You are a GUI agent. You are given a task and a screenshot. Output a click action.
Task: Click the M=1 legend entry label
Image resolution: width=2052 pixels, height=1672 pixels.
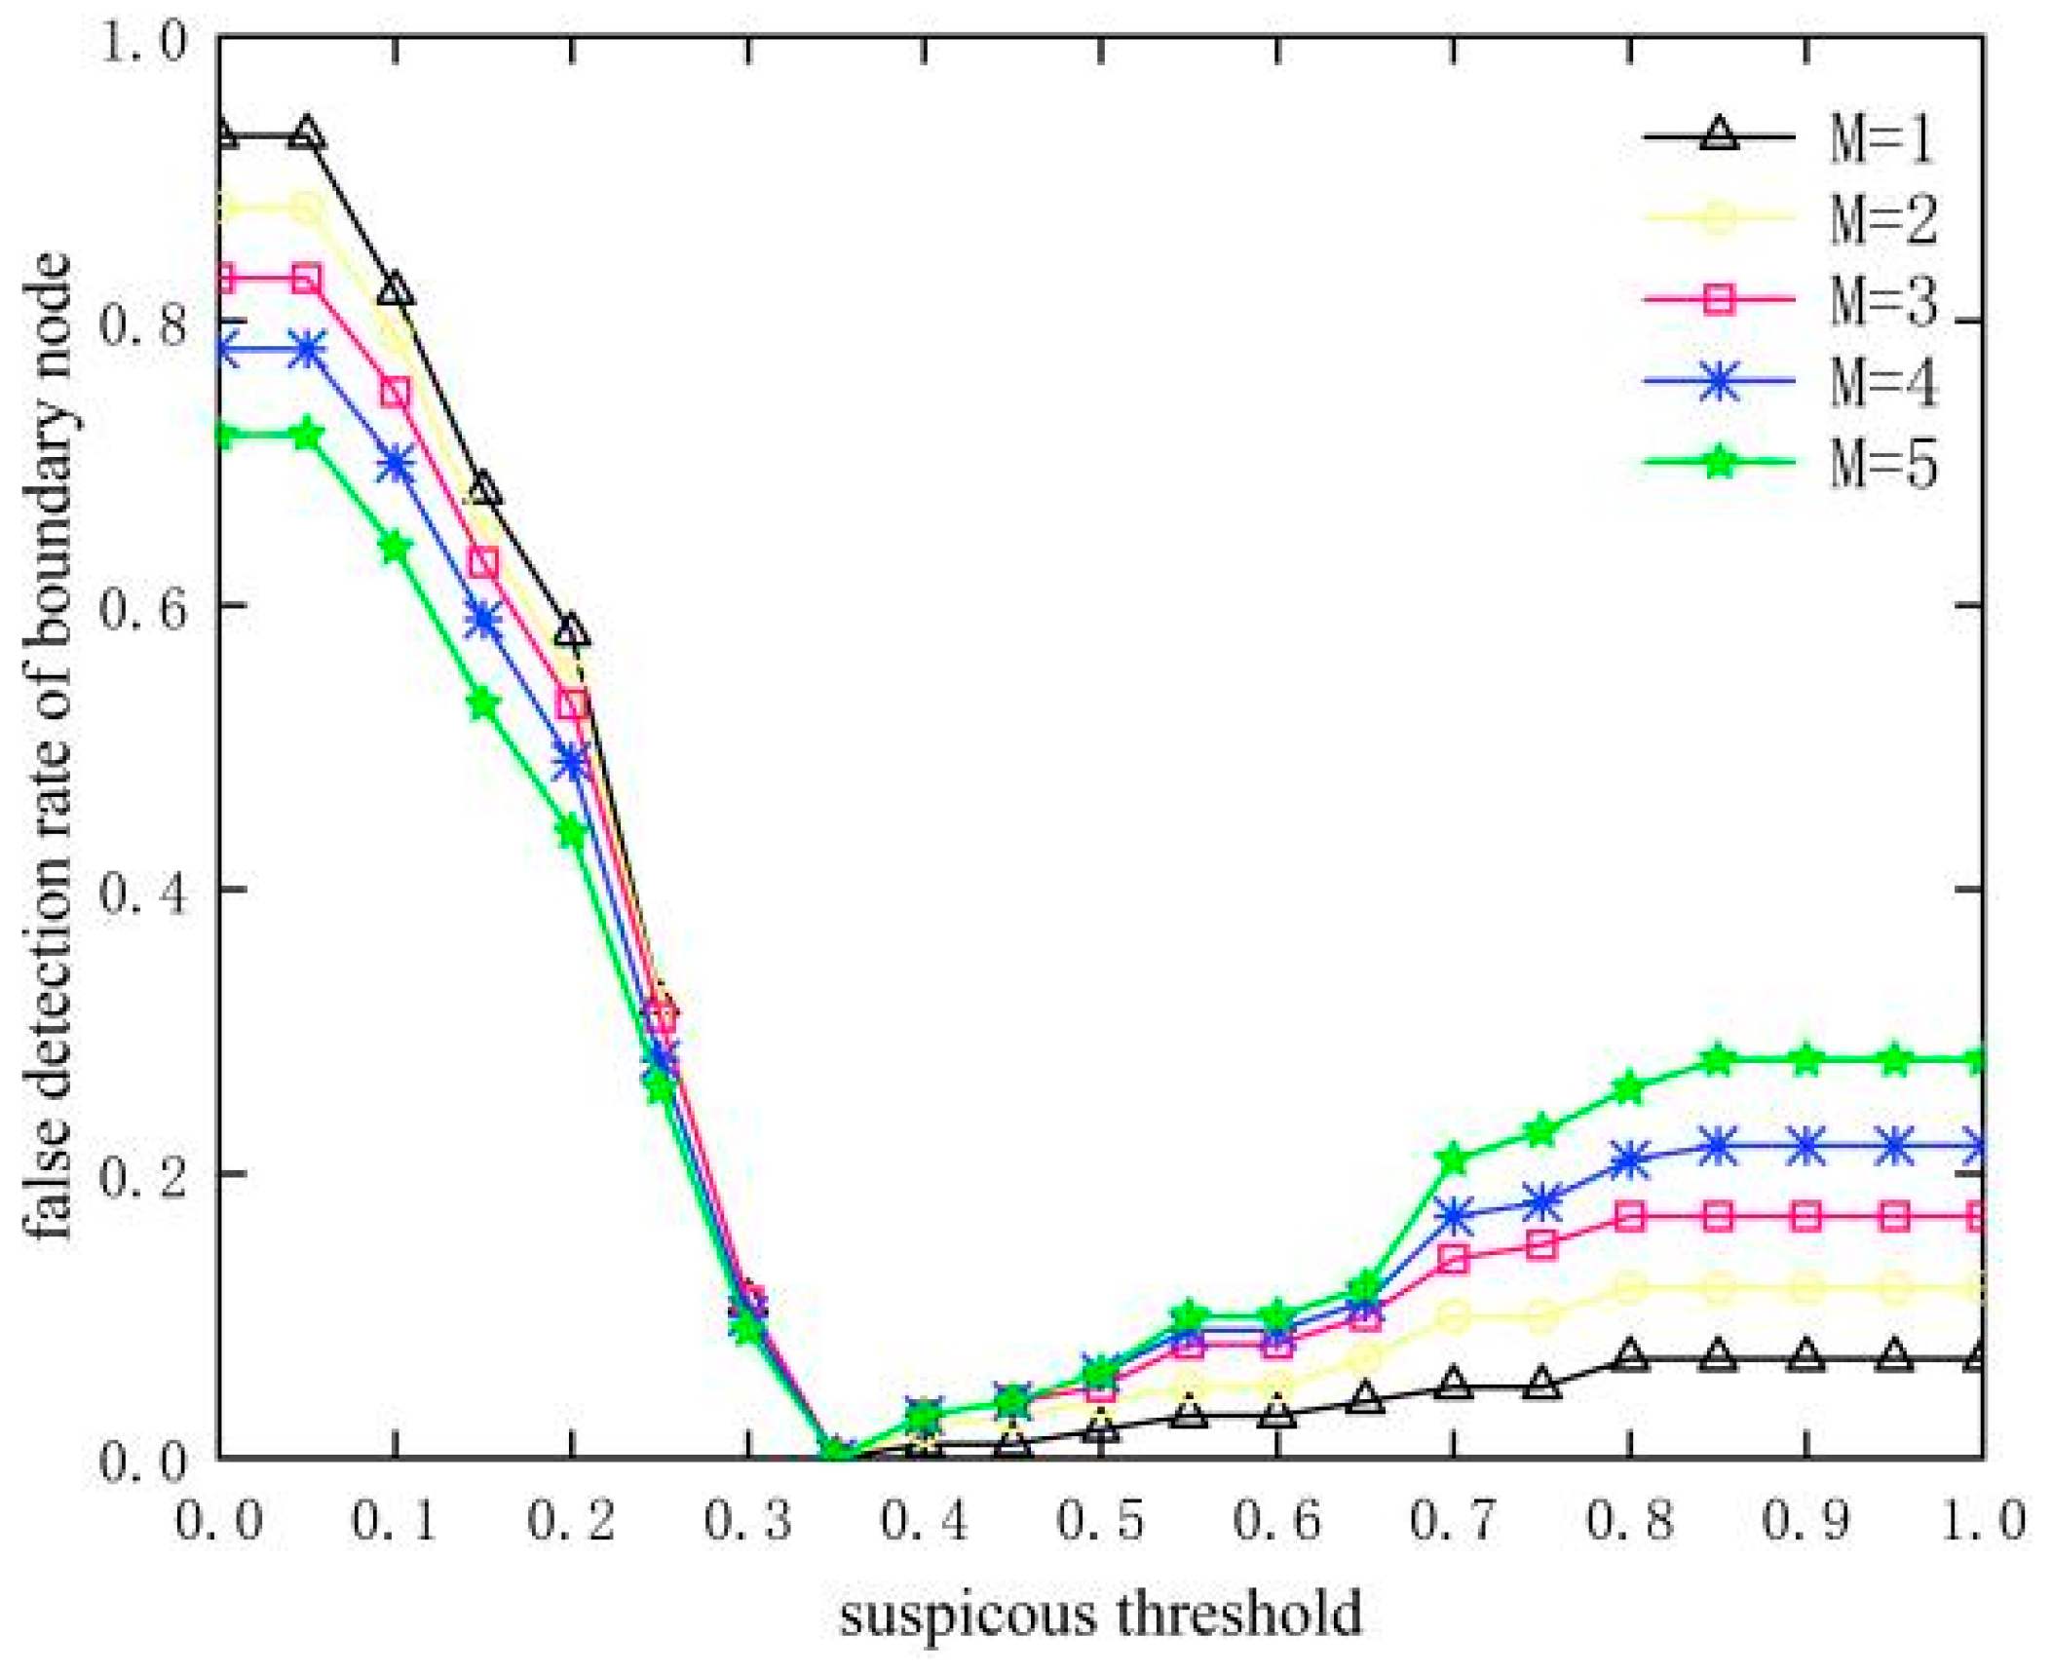[x=1881, y=137]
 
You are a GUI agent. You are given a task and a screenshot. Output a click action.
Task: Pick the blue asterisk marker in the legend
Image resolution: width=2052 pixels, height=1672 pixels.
[x=1719, y=380]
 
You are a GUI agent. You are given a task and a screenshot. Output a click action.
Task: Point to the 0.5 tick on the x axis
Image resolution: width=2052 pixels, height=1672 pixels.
[x=1100, y=1520]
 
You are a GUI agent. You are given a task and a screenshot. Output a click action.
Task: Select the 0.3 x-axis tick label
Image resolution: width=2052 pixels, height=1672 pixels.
[x=747, y=1520]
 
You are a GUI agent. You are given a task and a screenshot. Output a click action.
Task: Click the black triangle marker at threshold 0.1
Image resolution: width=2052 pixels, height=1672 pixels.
[x=395, y=290]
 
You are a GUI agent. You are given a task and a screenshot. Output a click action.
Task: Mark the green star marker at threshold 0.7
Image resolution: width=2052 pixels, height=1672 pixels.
[x=1453, y=1159]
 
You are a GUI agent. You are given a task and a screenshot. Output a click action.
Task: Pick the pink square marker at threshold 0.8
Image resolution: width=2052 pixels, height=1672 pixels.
[x=1630, y=1216]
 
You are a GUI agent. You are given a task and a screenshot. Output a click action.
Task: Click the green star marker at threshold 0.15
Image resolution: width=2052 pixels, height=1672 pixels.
[x=483, y=703]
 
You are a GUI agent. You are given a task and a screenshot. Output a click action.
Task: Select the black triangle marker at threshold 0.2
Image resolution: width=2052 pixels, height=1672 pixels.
[x=572, y=631]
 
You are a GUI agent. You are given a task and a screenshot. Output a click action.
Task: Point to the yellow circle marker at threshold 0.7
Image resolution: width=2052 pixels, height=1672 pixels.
[x=1453, y=1317]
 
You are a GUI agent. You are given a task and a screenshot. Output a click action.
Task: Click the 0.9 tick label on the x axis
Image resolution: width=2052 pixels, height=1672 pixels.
[x=1805, y=1520]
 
